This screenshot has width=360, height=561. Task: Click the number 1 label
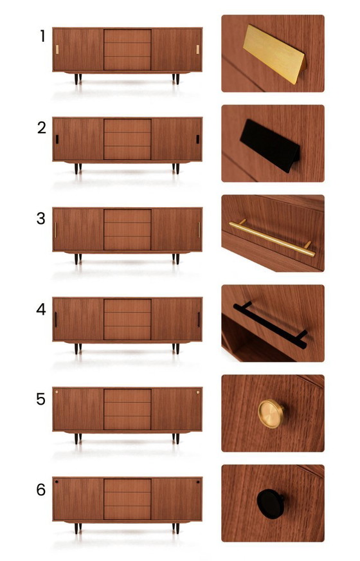tap(42, 37)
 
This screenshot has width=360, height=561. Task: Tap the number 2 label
tap(42, 127)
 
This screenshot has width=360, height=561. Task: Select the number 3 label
tap(41, 218)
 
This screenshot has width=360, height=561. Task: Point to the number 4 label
tap(41, 309)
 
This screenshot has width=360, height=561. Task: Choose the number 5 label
tap(41, 400)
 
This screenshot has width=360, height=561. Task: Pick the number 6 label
tap(41, 490)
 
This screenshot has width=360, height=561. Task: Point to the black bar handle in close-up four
tap(270, 324)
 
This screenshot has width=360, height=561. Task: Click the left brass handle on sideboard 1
tap(57, 50)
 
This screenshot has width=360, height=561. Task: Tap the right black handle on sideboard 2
tap(198, 139)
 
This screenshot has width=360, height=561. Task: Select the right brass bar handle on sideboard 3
tap(199, 230)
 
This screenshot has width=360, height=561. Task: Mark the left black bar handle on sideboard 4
tap(56, 320)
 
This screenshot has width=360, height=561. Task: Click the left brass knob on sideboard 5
tap(57, 391)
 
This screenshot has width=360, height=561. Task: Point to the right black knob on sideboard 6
tap(198, 482)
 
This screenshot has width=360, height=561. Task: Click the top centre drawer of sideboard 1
tap(127, 36)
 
